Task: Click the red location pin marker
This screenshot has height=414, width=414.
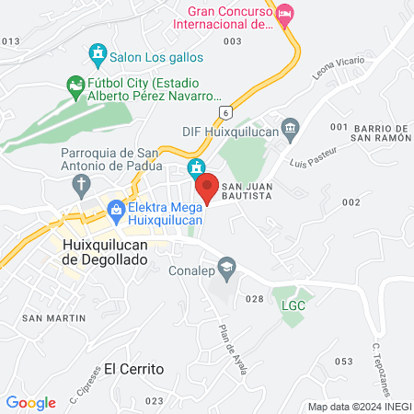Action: click(208, 187)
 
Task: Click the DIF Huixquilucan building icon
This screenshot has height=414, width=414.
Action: click(291, 126)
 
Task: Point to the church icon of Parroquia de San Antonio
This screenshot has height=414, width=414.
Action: click(81, 183)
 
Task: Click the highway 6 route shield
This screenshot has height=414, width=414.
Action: click(224, 110)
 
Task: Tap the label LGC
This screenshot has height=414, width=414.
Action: click(292, 305)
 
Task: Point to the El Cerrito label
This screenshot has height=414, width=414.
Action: click(133, 368)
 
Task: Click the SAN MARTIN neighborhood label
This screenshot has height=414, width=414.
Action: click(53, 317)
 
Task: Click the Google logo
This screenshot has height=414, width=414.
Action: click(31, 402)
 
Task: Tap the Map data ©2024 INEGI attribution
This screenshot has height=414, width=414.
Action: click(357, 406)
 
